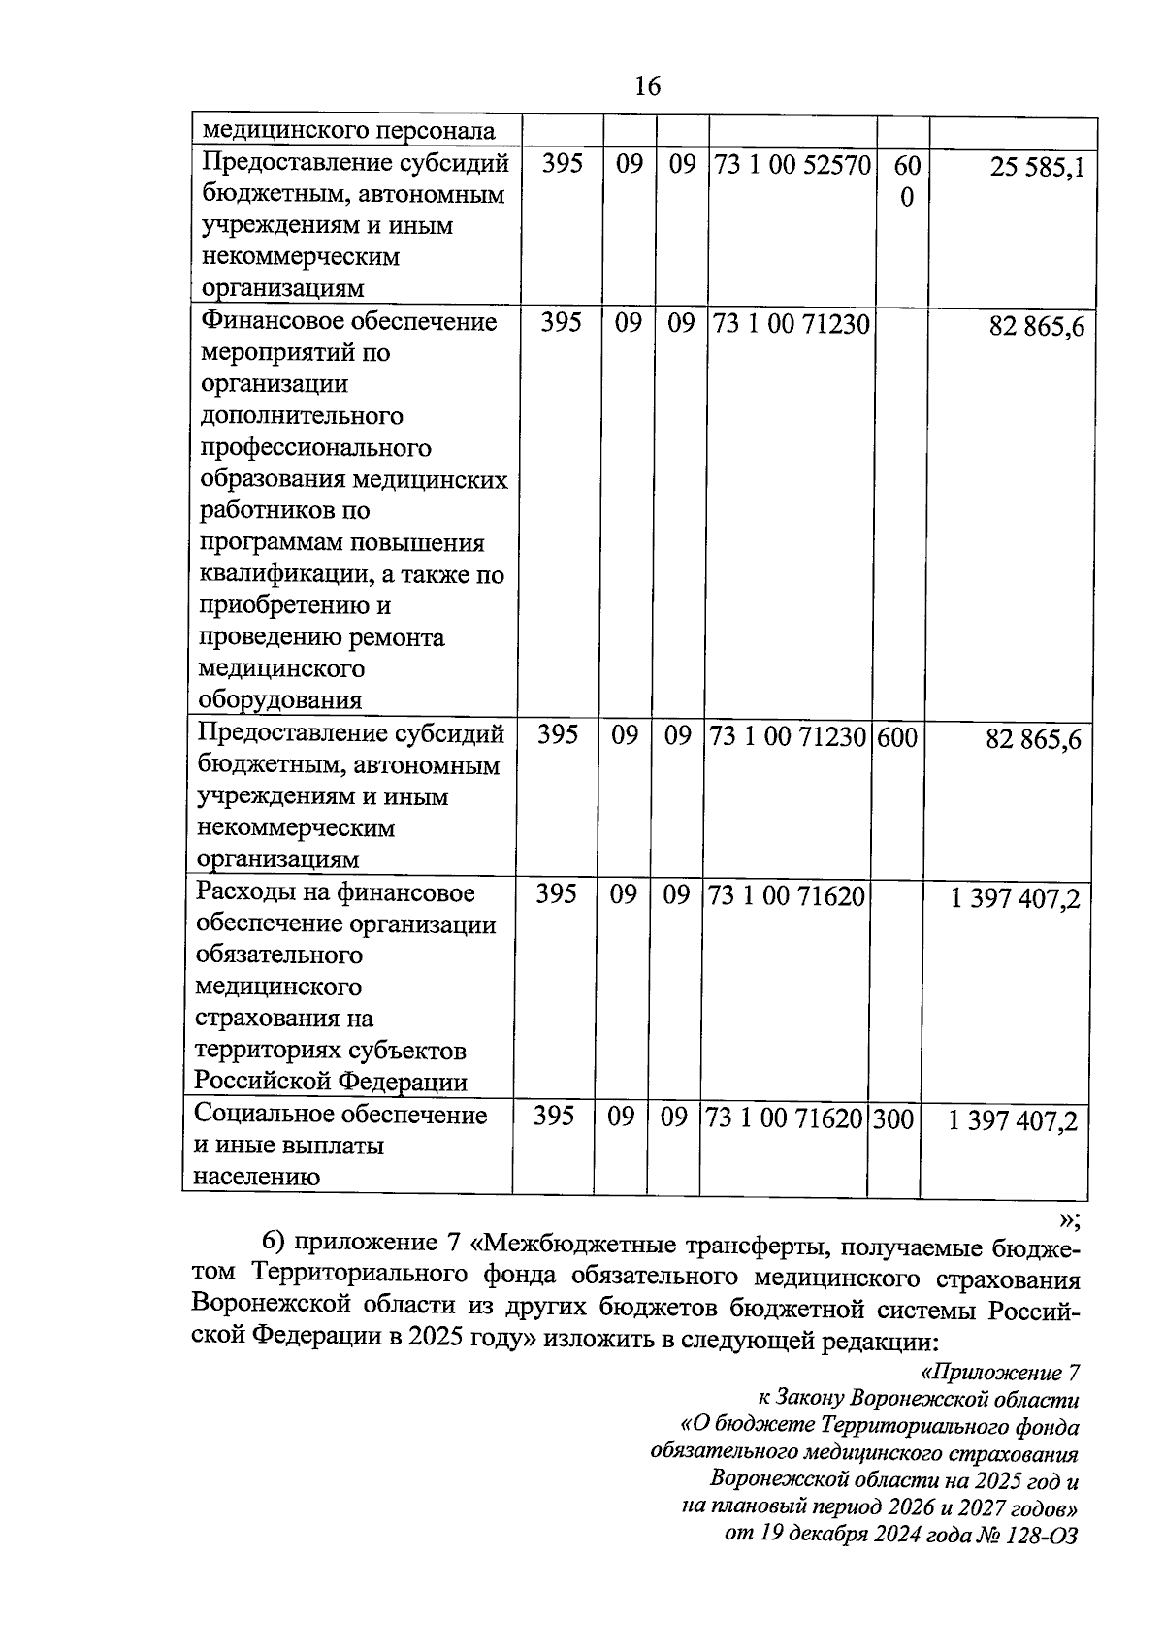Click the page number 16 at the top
[x=647, y=87]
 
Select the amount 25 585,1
[x=1036, y=170]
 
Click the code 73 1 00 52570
[x=792, y=164]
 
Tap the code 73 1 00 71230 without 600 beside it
[x=792, y=322]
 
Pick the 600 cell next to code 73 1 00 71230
[x=896, y=737]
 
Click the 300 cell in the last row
[x=893, y=1119]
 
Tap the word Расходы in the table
[x=242, y=892]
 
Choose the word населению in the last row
[x=257, y=1178]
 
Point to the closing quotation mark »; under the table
[x=1068, y=1219]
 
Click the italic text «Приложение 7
[x=998, y=1374]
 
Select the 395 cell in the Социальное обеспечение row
[x=554, y=1118]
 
